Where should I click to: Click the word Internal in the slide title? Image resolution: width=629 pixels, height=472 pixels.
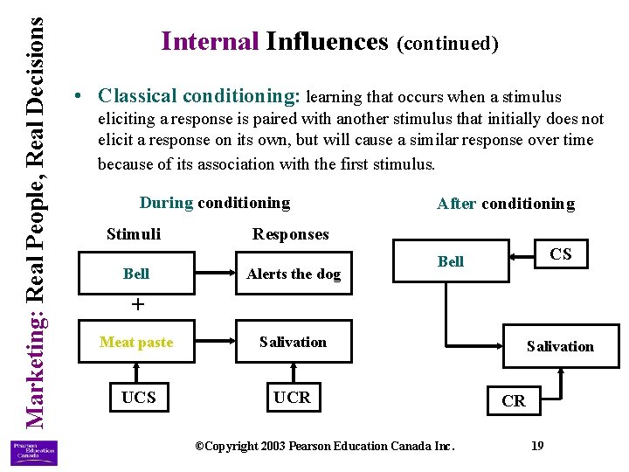click(x=211, y=41)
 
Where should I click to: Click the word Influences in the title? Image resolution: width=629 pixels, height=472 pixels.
click(x=327, y=41)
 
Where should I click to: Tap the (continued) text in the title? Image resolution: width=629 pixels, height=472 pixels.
click(x=447, y=43)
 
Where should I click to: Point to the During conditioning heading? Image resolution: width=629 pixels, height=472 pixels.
click(x=214, y=203)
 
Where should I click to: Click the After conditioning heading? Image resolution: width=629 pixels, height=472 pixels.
click(x=505, y=204)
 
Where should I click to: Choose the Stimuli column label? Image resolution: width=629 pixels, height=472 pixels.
click(x=133, y=233)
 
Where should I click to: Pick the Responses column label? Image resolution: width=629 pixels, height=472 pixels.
click(x=290, y=233)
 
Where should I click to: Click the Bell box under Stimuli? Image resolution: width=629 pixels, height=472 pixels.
click(x=136, y=274)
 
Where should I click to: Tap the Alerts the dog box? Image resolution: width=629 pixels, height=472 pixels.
click(x=294, y=274)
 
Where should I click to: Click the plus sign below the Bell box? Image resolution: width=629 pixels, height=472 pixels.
click(x=135, y=304)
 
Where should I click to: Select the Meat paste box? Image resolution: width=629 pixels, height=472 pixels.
click(x=136, y=342)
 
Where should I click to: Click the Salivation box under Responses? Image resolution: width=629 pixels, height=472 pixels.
click(x=294, y=342)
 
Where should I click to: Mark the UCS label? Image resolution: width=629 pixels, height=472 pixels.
click(x=138, y=398)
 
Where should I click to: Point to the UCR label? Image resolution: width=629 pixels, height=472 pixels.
click(x=292, y=398)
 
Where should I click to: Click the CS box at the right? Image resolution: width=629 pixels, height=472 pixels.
click(x=560, y=254)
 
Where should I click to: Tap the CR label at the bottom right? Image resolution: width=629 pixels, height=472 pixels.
click(x=514, y=400)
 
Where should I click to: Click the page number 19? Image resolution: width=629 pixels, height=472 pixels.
click(x=537, y=446)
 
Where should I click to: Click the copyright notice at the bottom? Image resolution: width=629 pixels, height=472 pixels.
click(x=324, y=446)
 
